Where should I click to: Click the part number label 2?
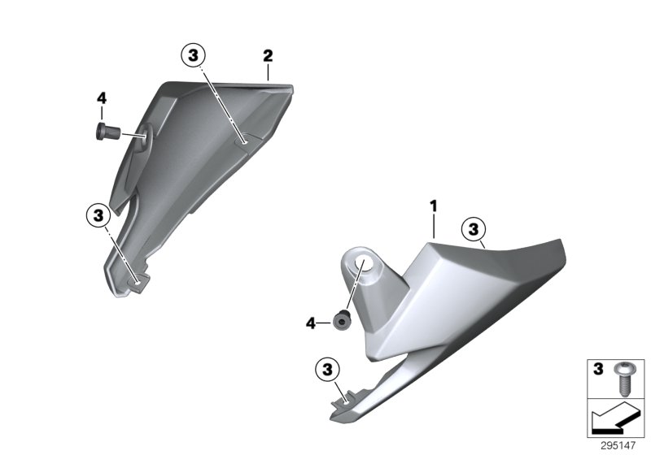(x=268, y=56)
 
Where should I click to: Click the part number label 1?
(x=434, y=206)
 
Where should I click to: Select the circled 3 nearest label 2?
(x=194, y=55)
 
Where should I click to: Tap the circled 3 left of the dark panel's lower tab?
(x=98, y=216)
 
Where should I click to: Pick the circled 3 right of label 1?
(x=474, y=229)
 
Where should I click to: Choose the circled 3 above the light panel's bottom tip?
(x=328, y=369)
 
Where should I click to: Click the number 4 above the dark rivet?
(x=102, y=98)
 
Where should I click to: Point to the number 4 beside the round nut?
(x=311, y=323)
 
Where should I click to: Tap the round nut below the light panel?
(x=341, y=321)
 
